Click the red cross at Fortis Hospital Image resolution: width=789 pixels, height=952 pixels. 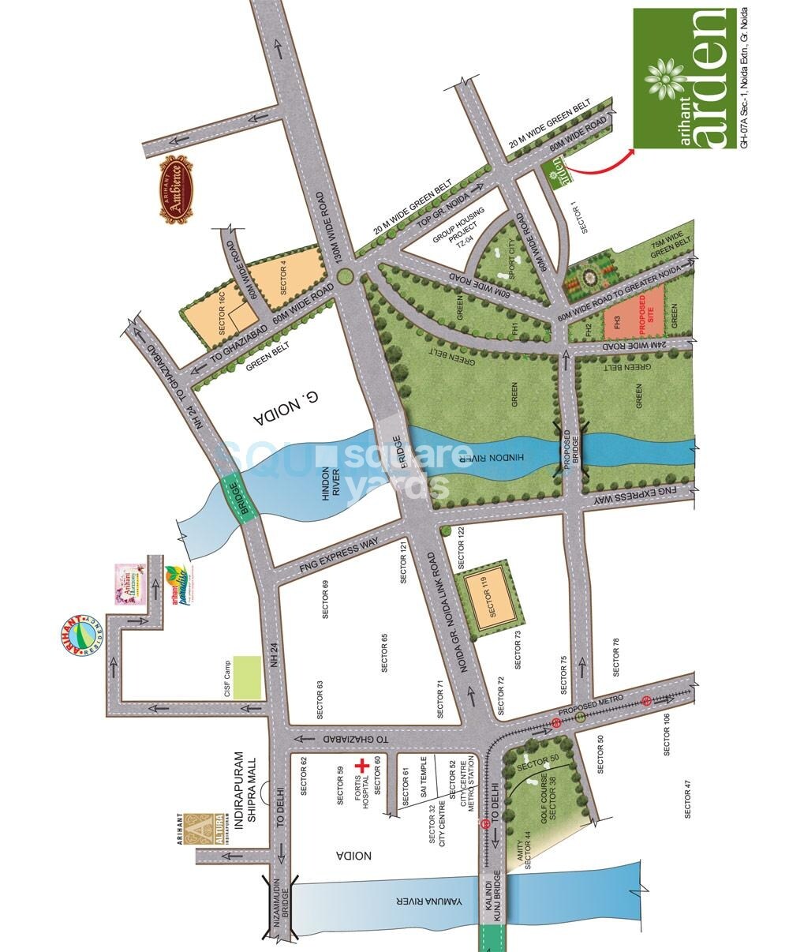pyautogui.click(x=362, y=766)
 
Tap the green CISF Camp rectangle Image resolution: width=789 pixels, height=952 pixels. pyautogui.click(x=250, y=677)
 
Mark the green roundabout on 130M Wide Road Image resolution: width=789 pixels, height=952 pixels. pyautogui.click(x=346, y=275)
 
